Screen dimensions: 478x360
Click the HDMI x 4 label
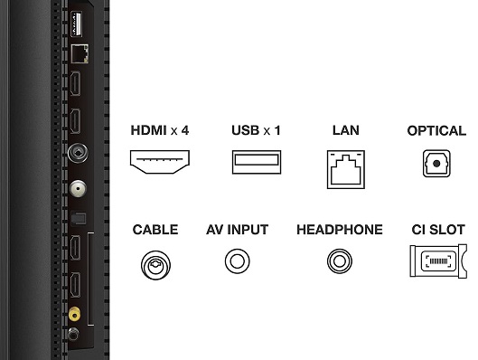point(160,130)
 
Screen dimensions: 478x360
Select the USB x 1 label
point(256,130)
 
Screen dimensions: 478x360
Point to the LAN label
point(346,130)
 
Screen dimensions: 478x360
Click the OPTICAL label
point(436,131)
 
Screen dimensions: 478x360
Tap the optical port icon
point(436,164)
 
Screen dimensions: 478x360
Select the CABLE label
point(155,230)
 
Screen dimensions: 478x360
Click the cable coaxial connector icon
point(155,265)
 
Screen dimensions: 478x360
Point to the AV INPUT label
point(237,230)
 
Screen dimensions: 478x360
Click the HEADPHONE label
point(340,230)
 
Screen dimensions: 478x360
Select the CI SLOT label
point(438,230)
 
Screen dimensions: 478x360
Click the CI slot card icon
point(438,261)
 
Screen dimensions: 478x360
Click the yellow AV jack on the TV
point(74,314)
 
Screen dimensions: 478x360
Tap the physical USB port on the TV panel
point(76,24)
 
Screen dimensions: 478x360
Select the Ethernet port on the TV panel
point(80,54)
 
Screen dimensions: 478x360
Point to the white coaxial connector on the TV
point(78,188)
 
